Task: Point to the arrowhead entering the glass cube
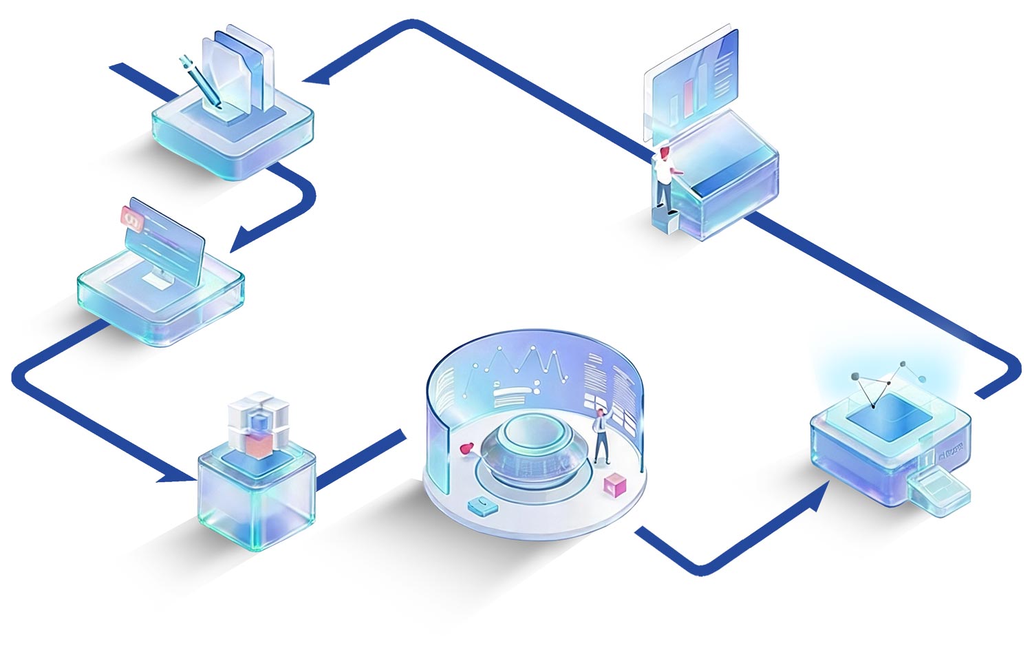coord(172,476)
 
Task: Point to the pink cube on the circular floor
coord(614,486)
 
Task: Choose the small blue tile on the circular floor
coord(483,506)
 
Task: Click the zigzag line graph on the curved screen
coord(526,365)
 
